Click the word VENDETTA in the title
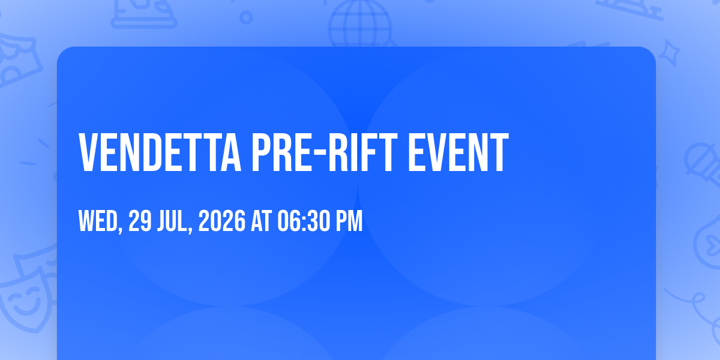coord(160,152)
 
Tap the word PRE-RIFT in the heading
coord(325,152)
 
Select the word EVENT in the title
coord(458,152)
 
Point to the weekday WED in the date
coord(98,221)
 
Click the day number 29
coord(140,221)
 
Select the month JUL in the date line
coord(172,221)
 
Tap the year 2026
coord(222,221)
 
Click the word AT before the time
coord(262,221)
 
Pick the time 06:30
coord(304,221)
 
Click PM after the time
coord(349,221)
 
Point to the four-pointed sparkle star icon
coord(669,53)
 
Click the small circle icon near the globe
coord(246,17)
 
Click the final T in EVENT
coord(499,152)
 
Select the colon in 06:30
coord(303,222)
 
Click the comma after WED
coord(121,229)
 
